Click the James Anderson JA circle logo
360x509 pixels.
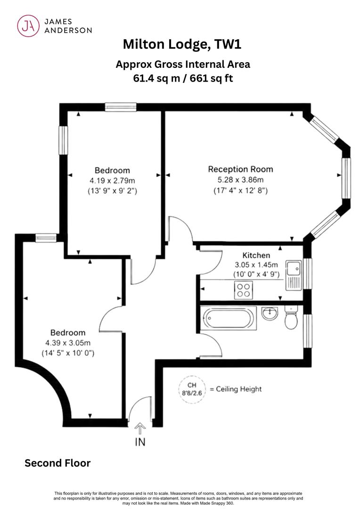(28, 25)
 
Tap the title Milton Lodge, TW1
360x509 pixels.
(182, 44)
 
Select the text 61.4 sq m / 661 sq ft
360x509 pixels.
(183, 78)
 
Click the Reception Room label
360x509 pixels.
(240, 169)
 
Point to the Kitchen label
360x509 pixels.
(256, 255)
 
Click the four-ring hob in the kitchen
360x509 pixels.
(244, 290)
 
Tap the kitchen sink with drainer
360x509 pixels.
(294, 275)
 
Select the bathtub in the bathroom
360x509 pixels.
(229, 318)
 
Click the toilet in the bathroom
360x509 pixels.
(291, 317)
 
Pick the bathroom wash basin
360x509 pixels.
(270, 313)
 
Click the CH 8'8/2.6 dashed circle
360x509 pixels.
(192, 389)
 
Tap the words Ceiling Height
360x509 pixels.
(238, 389)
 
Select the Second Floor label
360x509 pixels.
(57, 463)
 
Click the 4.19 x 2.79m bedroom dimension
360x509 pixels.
(112, 181)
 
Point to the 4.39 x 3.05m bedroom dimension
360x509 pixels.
(68, 343)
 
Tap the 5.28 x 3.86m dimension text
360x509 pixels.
(240, 180)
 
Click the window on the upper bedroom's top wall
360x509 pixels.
(121, 107)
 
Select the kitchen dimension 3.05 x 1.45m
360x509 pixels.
(256, 264)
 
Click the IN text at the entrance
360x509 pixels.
(140, 442)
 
